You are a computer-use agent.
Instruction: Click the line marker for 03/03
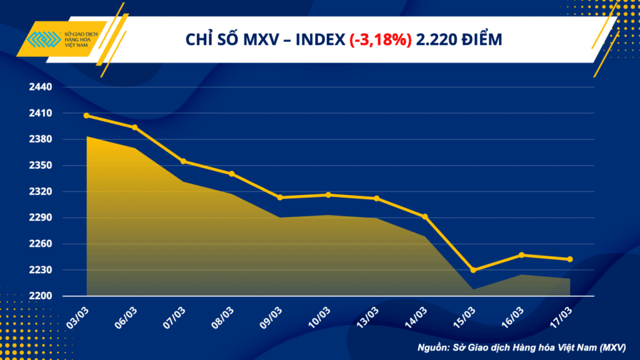(86, 116)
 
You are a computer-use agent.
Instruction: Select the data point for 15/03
(474, 270)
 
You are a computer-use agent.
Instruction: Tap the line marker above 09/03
(280, 197)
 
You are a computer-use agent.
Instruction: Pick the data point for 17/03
(570, 259)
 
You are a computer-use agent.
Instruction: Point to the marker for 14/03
(425, 217)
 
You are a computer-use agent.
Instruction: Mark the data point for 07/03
(183, 162)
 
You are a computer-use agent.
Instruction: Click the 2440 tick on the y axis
(41, 87)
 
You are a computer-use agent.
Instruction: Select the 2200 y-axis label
(41, 296)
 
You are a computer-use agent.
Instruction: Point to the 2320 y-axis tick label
(41, 191)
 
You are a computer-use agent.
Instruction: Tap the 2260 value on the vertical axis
(41, 244)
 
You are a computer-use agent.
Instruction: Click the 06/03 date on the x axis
(126, 318)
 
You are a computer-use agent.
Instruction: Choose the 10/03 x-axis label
(319, 318)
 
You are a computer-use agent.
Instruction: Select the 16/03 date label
(512, 318)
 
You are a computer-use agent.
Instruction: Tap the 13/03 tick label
(367, 318)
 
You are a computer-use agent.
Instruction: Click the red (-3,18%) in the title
(381, 39)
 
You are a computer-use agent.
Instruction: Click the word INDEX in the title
(321, 39)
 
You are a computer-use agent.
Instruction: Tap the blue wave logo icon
(44, 39)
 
